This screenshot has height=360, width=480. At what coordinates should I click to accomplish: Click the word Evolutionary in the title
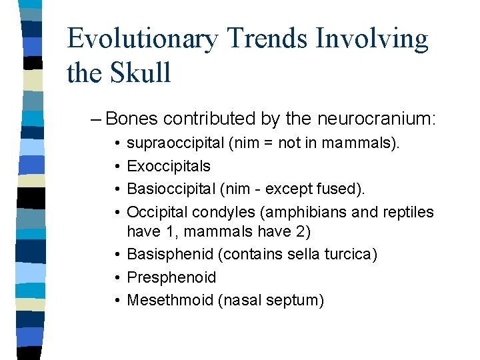click(142, 40)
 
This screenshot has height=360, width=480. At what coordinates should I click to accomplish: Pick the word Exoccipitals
click(168, 166)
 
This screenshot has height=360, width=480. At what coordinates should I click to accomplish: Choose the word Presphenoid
click(171, 277)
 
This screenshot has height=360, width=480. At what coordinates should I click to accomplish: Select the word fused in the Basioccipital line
click(340, 189)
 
